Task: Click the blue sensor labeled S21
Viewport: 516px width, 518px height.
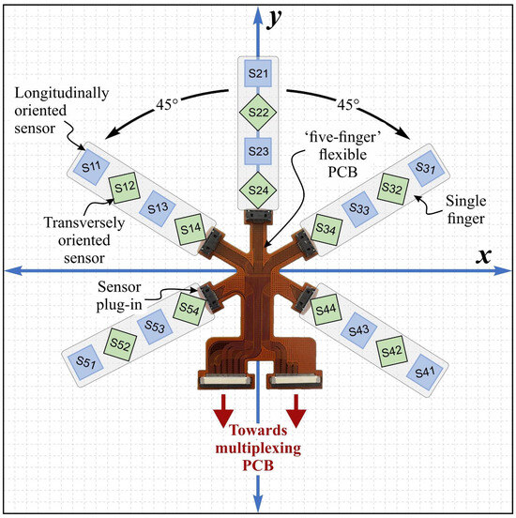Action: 257,72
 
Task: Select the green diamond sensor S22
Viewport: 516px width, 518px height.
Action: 257,113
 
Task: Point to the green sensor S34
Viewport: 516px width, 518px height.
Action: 326,227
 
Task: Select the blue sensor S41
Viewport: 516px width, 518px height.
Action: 425,372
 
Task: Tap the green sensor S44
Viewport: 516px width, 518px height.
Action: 326,309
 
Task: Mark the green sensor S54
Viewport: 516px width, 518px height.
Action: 189,308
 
